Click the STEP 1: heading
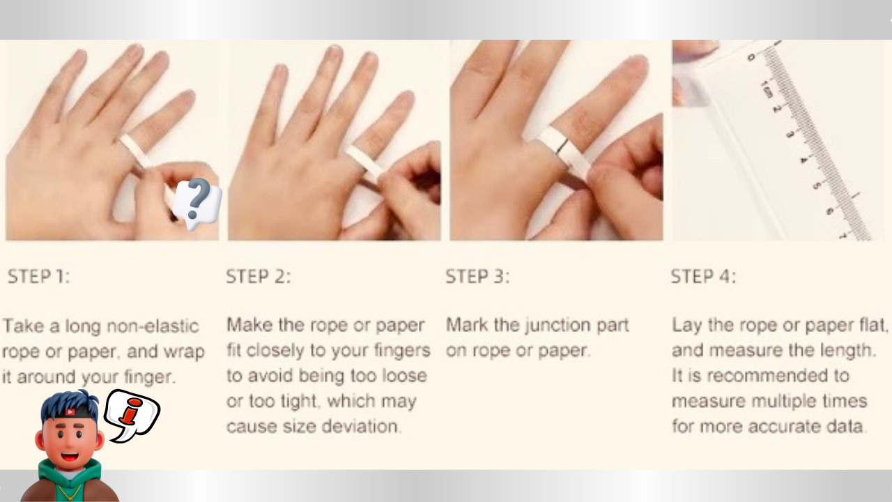click(38, 277)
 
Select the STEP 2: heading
click(259, 277)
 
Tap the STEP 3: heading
click(477, 277)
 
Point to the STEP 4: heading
click(703, 277)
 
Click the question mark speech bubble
click(197, 203)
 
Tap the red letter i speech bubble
click(132, 415)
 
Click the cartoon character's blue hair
click(70, 403)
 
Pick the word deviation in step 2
click(360, 426)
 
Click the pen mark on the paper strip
click(562, 146)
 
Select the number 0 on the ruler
click(751, 58)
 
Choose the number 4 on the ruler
click(803, 160)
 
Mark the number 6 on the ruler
click(829, 211)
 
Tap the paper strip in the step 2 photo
click(366, 162)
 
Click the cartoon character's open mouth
click(70, 456)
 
